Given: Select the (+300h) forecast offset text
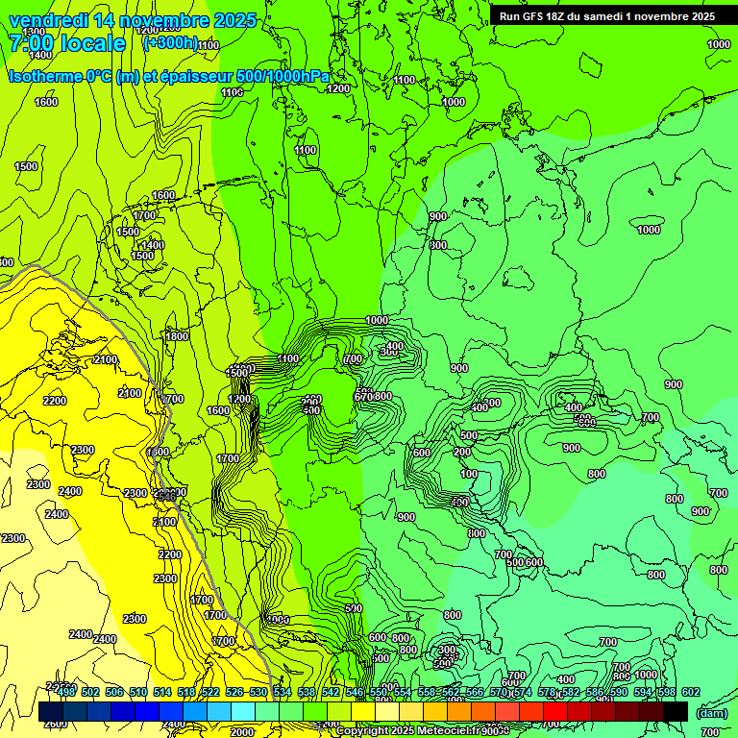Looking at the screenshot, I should [169, 43].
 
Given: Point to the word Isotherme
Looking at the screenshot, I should [44, 76].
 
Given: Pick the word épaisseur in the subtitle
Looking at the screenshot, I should [185, 76].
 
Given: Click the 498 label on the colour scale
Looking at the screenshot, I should [66, 692].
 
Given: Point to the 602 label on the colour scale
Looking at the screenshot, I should [691, 692].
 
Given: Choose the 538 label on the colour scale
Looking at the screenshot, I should [306, 692].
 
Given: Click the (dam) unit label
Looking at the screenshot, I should [710, 712].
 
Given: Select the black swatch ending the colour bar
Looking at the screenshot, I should [676, 711].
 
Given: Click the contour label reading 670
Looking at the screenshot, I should [362, 397].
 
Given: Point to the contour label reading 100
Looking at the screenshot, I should [468, 474].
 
